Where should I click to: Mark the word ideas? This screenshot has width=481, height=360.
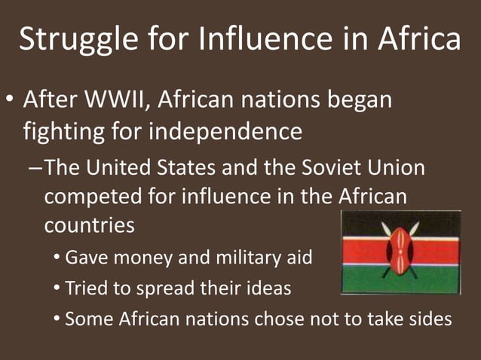pos(269,288)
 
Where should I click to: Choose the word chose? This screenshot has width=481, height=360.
pos(281,318)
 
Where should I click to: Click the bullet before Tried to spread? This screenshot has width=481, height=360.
pos(58,288)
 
